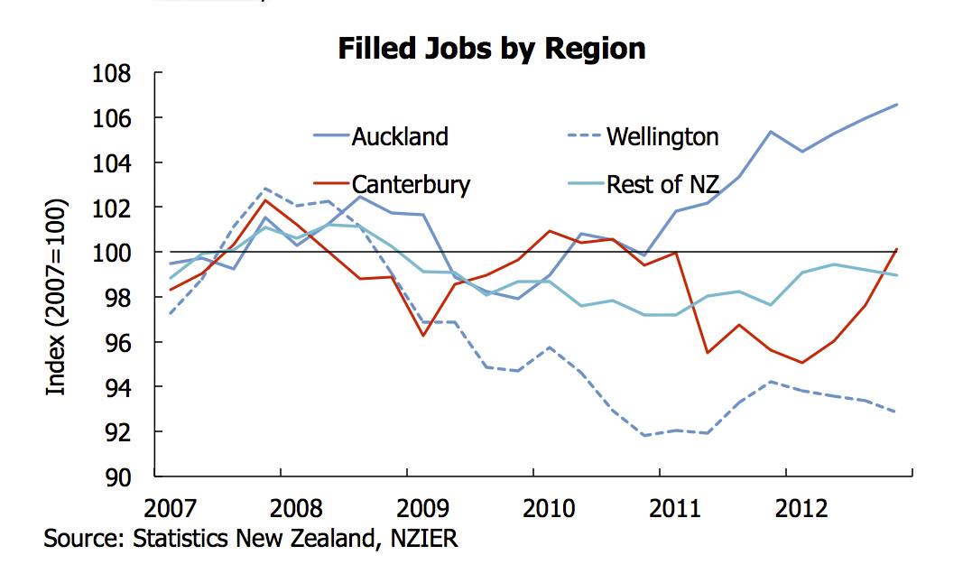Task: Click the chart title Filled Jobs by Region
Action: (x=492, y=48)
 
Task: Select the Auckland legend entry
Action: (x=399, y=136)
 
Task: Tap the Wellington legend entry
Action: (x=662, y=136)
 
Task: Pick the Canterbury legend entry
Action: (x=411, y=185)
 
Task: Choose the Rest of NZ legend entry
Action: (x=662, y=185)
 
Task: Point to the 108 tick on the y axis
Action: (x=112, y=74)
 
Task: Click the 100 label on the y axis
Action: (x=112, y=253)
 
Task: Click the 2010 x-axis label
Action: (x=549, y=507)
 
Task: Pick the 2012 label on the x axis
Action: (x=801, y=507)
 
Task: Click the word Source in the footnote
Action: (x=80, y=539)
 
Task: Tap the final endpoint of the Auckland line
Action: (x=897, y=105)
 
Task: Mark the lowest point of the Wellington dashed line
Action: (x=644, y=436)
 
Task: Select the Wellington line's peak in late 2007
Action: (x=264, y=189)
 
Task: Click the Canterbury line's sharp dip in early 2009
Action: (x=421, y=337)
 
